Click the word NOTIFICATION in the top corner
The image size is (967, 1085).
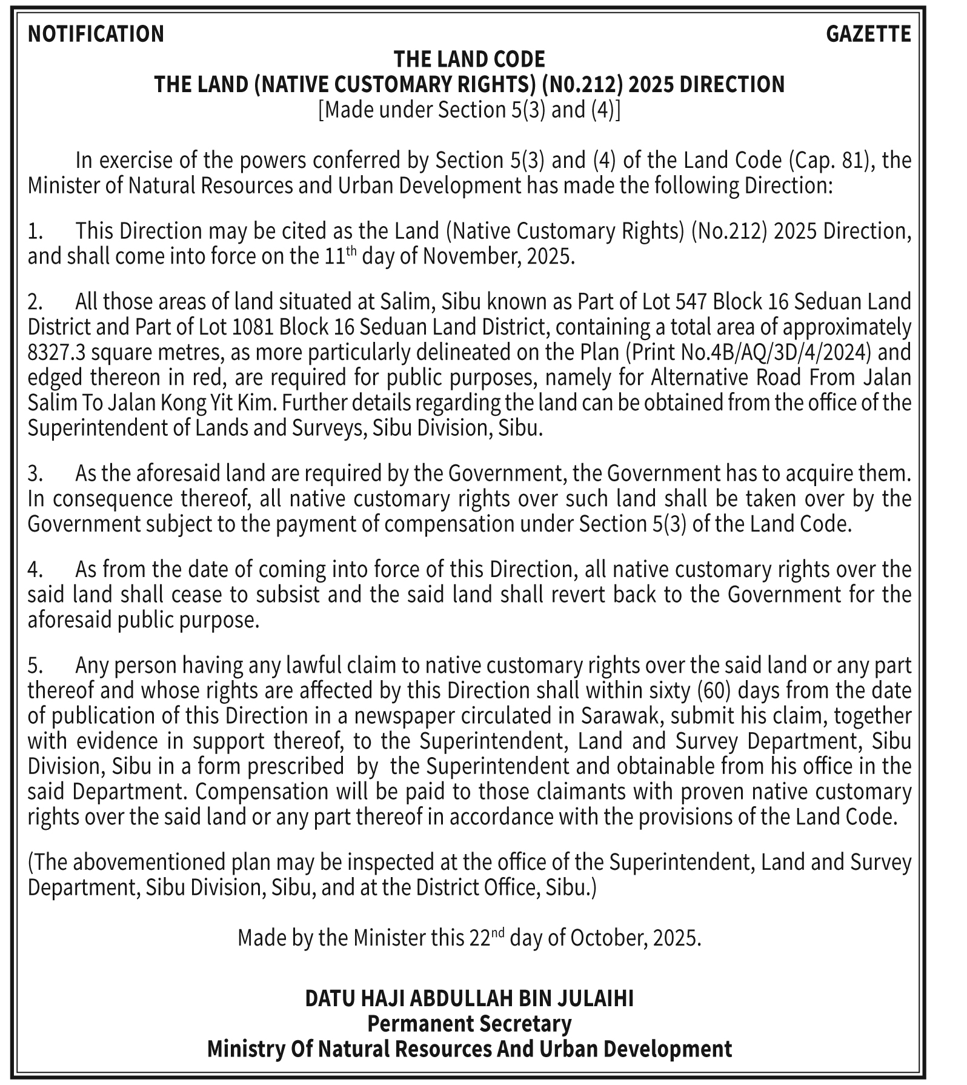click(x=96, y=33)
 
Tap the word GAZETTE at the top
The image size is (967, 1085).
click(x=868, y=33)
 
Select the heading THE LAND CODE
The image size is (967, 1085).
click(x=469, y=59)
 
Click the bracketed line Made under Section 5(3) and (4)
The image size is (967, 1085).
click(x=469, y=110)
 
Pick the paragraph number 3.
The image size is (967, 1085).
click(x=34, y=473)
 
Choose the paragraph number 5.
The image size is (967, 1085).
click(x=34, y=666)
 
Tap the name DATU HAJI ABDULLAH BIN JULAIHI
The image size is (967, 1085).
click(x=469, y=998)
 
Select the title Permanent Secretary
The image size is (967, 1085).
click(x=469, y=1023)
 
